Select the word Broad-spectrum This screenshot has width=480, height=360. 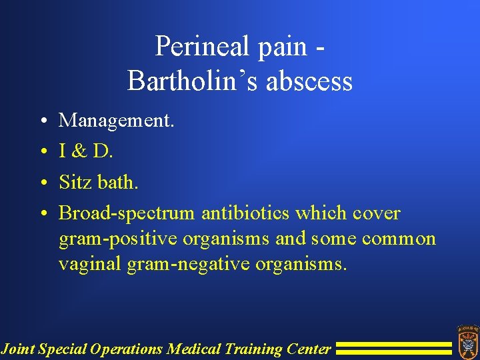click(x=127, y=213)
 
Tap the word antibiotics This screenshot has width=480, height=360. click(x=245, y=213)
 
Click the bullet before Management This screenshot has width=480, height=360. click(x=42, y=121)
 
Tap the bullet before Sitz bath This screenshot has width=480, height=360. click(x=42, y=183)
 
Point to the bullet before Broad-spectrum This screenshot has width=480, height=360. click(x=42, y=214)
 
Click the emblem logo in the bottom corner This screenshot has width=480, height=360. click(x=467, y=341)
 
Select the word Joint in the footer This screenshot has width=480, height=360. click(x=18, y=348)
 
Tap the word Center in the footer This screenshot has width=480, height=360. click(x=309, y=348)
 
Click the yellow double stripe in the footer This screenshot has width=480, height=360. click(x=393, y=348)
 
